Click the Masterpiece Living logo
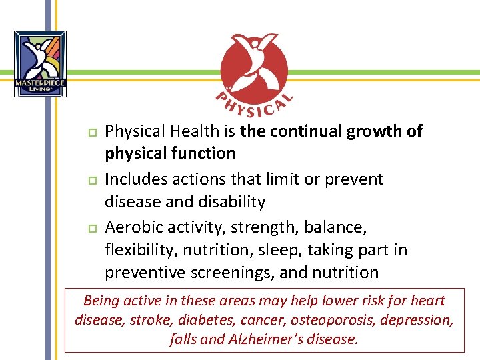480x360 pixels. (40, 63)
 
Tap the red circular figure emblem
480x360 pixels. (255, 67)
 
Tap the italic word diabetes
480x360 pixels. (205, 320)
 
